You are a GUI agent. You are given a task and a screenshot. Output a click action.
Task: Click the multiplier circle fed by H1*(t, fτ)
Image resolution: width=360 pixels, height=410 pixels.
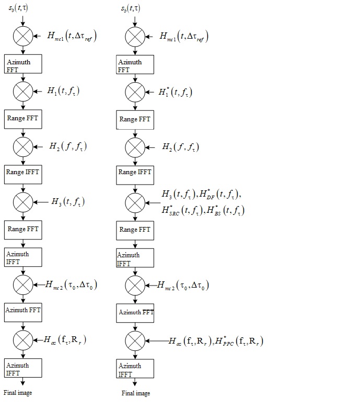pos(135,92)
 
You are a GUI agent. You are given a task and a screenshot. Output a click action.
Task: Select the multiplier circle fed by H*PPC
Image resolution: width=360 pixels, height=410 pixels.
pos(135,341)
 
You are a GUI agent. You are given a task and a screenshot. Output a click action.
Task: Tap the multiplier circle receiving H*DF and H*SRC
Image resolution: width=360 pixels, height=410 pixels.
pos(135,202)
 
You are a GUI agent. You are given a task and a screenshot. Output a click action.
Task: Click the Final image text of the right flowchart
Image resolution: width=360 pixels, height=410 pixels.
pos(136,393)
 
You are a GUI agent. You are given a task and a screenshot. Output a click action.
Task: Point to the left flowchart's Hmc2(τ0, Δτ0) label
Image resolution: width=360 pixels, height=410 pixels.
pos(71,285)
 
